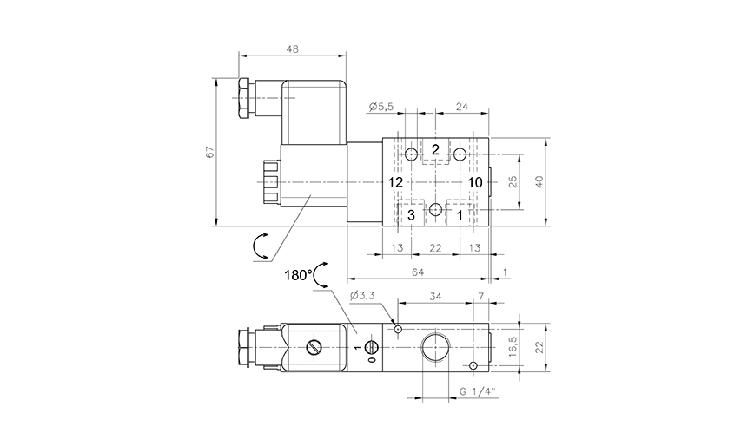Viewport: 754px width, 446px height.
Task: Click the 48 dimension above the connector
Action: coord(292,49)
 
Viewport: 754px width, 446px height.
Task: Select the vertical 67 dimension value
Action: coord(208,153)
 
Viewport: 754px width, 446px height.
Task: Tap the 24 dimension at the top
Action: coord(461,107)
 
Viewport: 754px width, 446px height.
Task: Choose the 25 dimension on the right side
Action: coord(512,182)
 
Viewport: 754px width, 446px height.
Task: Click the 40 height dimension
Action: coord(539,182)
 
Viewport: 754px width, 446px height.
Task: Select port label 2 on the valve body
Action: coord(435,149)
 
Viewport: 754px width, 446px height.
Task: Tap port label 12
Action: coord(396,182)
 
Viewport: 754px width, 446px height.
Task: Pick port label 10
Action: coord(474,182)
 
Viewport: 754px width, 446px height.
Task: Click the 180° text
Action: coord(297,275)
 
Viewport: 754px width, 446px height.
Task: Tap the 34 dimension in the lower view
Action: coord(435,297)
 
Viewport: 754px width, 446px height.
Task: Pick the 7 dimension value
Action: coord(481,297)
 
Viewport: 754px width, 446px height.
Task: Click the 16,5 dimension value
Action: coord(513,347)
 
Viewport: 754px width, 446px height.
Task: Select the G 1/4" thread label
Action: coord(479,391)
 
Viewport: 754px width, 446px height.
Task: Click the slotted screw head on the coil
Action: coord(315,347)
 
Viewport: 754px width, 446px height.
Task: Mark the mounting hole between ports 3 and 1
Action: coord(435,209)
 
